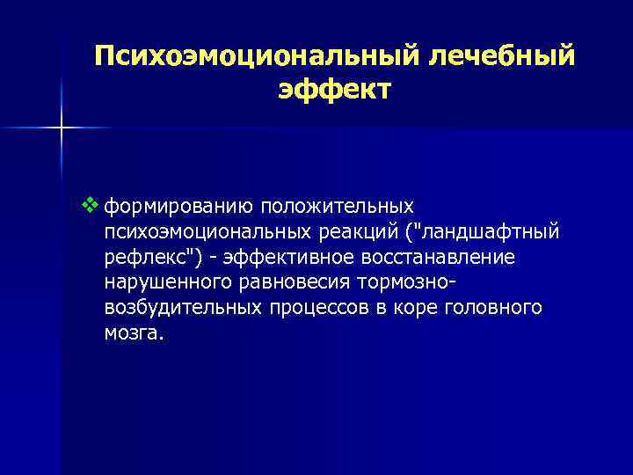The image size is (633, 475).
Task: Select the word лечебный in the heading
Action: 501,57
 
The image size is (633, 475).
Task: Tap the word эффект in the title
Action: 334,91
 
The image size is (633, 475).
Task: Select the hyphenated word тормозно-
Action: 418,283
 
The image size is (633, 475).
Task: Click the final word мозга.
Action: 133,334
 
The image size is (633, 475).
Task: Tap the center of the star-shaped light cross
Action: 62,128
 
